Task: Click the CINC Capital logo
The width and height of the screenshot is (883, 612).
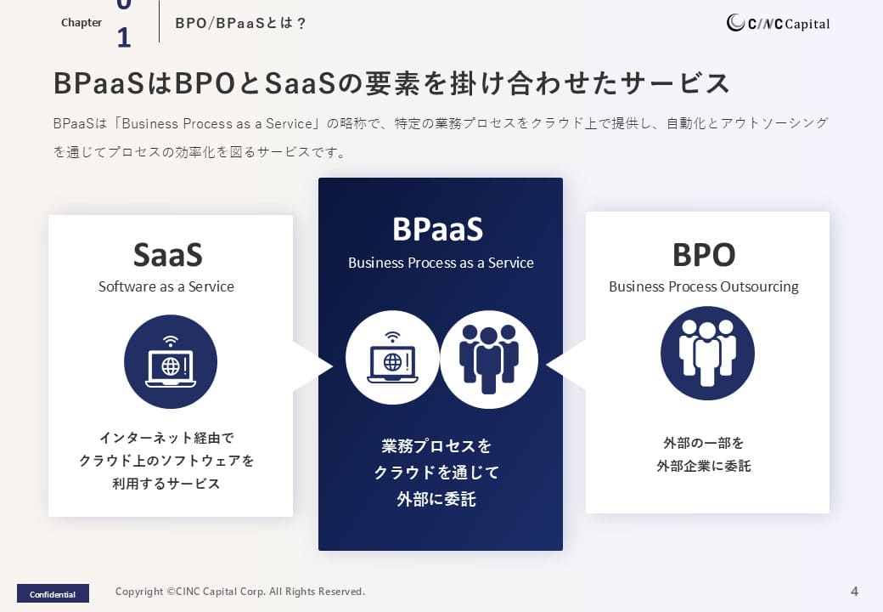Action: pos(778,23)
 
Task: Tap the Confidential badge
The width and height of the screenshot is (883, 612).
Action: pos(53,593)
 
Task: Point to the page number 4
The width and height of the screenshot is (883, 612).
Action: pos(854,591)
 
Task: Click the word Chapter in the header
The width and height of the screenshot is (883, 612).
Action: pos(82,23)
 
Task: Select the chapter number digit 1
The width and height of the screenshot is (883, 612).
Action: pos(124,37)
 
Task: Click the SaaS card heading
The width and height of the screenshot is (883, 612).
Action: pos(168,255)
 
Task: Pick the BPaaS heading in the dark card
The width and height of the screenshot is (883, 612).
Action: pos(438,229)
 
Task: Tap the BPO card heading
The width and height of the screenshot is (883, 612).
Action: pos(704,255)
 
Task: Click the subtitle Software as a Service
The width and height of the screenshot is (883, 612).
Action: pos(166,286)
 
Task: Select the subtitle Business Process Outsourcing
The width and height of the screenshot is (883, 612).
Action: pos(704,286)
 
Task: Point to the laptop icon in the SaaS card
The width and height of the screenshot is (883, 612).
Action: pos(171,361)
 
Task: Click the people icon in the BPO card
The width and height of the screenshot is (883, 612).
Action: pos(707,354)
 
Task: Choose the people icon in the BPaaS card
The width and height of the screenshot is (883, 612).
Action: pos(489,360)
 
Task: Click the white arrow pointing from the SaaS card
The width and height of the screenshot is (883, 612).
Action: pos(313,366)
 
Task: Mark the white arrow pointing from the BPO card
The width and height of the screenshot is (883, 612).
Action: pos(566,365)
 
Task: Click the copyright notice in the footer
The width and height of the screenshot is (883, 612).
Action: pos(240,591)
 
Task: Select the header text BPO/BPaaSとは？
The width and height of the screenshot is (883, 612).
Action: pos(240,23)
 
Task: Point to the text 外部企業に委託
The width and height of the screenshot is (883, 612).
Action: pos(704,466)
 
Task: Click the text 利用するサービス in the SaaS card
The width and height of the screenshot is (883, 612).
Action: pos(166,484)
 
